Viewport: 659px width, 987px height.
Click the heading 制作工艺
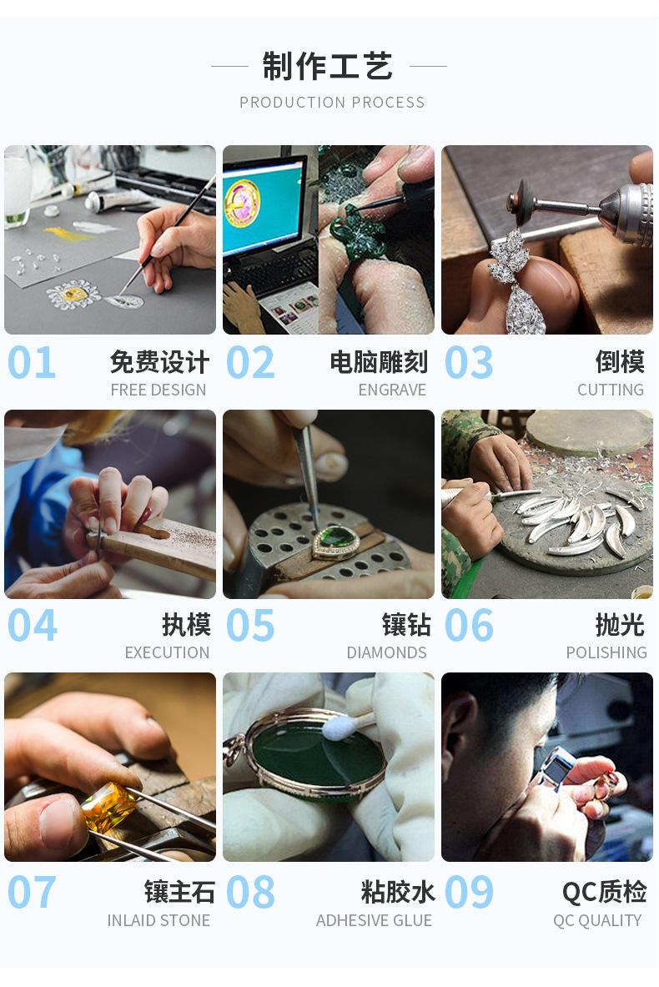click(328, 66)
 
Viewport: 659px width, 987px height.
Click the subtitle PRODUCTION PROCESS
click(332, 103)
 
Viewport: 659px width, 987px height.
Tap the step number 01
click(32, 363)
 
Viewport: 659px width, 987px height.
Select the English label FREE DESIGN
click(158, 390)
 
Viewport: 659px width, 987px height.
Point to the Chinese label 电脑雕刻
click(379, 362)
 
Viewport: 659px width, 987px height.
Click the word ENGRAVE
click(392, 390)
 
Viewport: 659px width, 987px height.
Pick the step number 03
click(469, 363)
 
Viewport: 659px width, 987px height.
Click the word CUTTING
click(611, 390)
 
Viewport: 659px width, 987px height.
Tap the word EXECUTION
click(167, 652)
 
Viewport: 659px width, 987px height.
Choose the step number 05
click(250, 626)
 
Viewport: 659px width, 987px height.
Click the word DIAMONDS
click(386, 652)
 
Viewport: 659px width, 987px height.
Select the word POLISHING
click(606, 652)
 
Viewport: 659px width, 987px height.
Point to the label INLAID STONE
click(158, 921)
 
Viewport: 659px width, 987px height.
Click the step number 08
click(250, 893)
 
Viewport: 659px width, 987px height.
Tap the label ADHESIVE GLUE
click(374, 921)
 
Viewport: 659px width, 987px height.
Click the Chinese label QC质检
click(604, 892)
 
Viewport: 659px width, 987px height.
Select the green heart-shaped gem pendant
click(335, 541)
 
